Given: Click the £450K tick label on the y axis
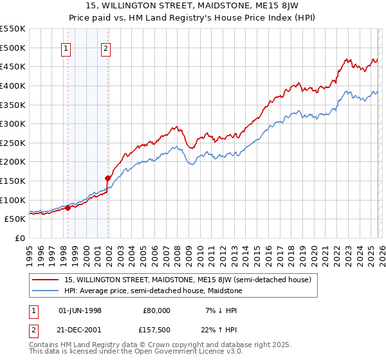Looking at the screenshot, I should (x=13, y=66).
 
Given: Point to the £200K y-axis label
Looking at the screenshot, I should (x=13, y=161).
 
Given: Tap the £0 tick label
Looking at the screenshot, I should (x=19, y=238).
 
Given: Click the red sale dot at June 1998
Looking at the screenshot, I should (x=68, y=208).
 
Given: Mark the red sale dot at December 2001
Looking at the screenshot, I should (x=107, y=178).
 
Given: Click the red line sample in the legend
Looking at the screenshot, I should (x=46, y=280).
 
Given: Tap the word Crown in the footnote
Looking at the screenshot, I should (x=153, y=345).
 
